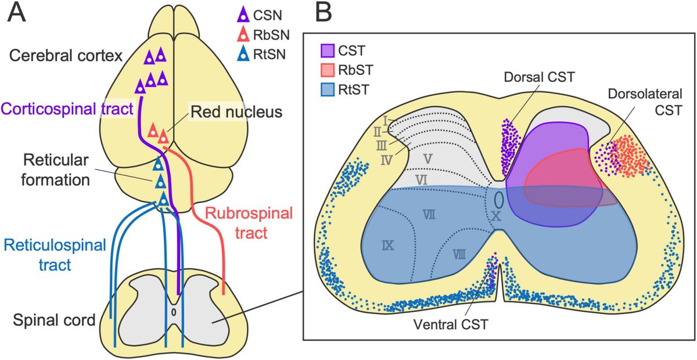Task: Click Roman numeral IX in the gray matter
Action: [388, 246]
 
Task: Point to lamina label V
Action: [427, 157]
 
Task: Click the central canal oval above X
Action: [498, 199]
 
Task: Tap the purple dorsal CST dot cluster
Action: [508, 148]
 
